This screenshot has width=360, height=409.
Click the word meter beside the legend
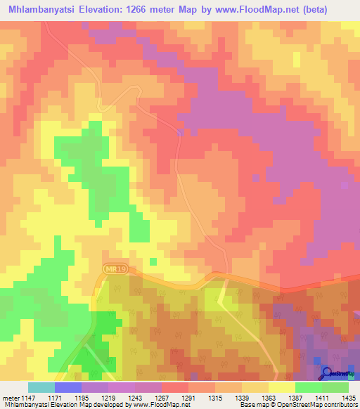[10, 397]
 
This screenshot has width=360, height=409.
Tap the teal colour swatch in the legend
[41, 387]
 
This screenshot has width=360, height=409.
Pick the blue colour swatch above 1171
[68, 387]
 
